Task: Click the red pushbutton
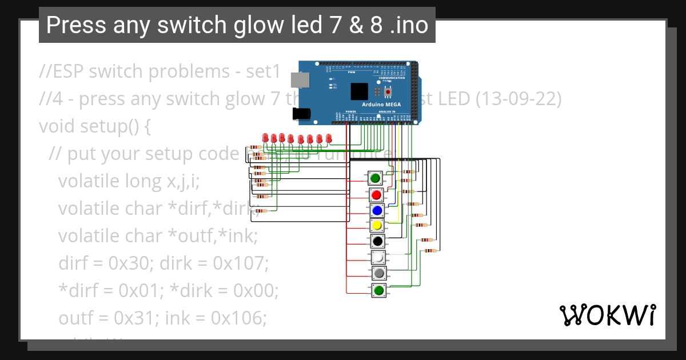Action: pos(376,195)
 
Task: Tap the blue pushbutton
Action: pos(377,210)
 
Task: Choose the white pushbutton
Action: pos(377,258)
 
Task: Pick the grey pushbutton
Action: pos(378,274)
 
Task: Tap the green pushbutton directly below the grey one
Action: pos(378,290)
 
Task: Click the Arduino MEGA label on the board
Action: pos(381,105)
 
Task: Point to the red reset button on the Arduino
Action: pos(388,91)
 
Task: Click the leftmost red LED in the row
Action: pos(265,138)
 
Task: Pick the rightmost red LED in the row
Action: pos(329,138)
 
